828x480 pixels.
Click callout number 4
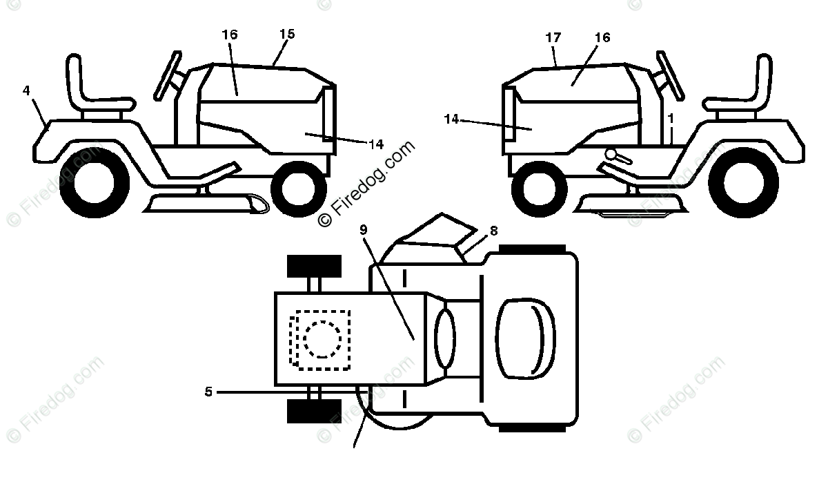(x=26, y=90)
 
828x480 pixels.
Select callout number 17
(x=553, y=38)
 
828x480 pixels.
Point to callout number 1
(x=670, y=118)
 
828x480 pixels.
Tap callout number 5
(x=208, y=392)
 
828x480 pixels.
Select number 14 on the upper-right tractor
(x=451, y=119)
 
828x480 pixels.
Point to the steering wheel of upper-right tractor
(x=670, y=73)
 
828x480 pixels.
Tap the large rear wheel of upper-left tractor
(x=99, y=181)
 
